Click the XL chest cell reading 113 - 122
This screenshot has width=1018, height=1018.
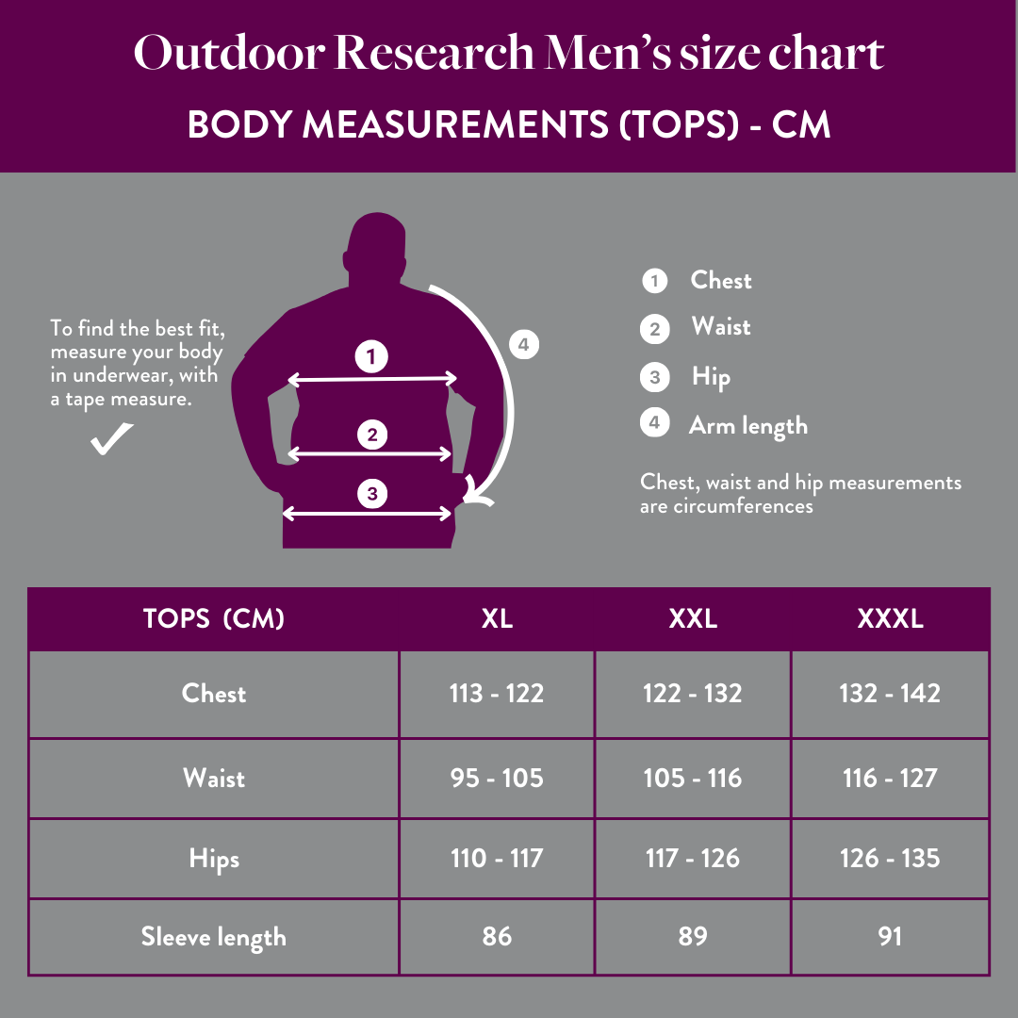point(497,694)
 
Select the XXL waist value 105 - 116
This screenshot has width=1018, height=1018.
point(693,779)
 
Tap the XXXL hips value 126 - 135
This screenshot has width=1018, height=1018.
point(890,859)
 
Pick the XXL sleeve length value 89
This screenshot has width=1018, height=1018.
point(693,937)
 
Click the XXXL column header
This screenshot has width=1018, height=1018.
point(890,619)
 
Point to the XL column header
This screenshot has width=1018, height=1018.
point(497,619)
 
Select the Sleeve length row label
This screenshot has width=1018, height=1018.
point(214,937)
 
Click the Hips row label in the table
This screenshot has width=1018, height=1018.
point(214,860)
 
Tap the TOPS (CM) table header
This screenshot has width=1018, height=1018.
point(214,619)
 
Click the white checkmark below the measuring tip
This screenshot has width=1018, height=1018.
point(111,439)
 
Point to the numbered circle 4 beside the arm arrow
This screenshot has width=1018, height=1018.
point(524,345)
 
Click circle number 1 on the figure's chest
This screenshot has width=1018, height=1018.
point(371,356)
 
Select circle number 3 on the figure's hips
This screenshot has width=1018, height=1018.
point(372,493)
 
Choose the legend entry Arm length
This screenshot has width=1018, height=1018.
point(748,426)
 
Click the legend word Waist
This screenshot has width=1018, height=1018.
point(721,327)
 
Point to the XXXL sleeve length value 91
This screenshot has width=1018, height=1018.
point(890,937)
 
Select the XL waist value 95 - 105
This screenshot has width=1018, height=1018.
point(497,779)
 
